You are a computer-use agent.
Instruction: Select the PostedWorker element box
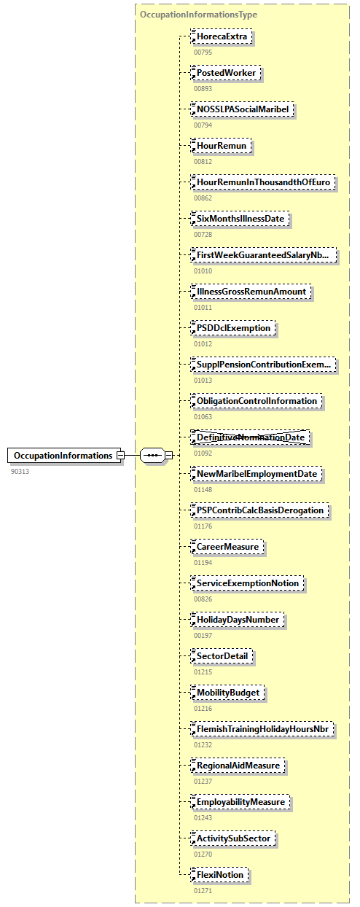coord(225,73)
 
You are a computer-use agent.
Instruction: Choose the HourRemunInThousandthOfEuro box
coord(264,182)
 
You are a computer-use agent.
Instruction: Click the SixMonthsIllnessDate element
coord(240,219)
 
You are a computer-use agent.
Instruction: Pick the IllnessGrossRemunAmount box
coord(250,292)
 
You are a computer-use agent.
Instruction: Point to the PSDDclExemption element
coord(233,328)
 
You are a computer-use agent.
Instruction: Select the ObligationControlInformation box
coord(256,401)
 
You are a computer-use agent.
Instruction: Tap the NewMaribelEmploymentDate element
coord(256,474)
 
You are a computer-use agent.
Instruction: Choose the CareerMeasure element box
coord(227,547)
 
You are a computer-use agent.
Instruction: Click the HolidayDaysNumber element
coord(237,620)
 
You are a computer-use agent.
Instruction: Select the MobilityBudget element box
coord(227,693)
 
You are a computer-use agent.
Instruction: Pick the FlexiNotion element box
coord(219,875)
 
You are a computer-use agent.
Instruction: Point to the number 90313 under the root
coord(20,471)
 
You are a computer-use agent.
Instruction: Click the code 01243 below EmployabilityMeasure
coord(203,817)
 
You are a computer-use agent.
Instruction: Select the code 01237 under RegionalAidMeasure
coord(203,781)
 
